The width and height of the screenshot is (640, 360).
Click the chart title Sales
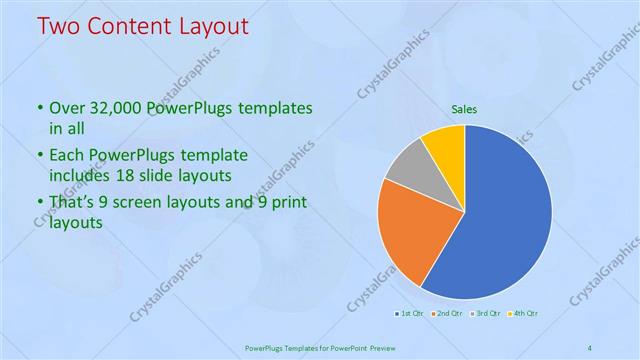465,108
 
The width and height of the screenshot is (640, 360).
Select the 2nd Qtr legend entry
445,314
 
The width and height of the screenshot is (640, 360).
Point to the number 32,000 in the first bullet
118,108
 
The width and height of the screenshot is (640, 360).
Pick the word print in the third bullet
288,203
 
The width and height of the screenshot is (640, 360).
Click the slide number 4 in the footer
589,348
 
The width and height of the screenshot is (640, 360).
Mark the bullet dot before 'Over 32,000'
40,108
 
